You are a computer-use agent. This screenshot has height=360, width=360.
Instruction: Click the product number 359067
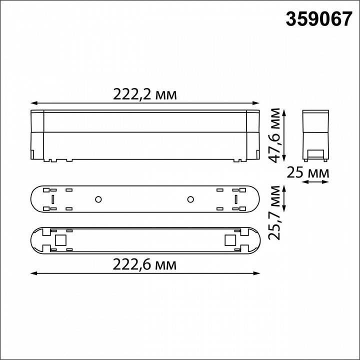point(318,19)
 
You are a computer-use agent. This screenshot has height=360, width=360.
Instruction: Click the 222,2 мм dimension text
point(144,94)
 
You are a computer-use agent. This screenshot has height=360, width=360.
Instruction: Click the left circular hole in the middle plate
point(98,199)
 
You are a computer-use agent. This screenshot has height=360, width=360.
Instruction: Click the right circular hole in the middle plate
point(190,199)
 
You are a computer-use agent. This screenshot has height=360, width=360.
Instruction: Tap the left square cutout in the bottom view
point(61,240)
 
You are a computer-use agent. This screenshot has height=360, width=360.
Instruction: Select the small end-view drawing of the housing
point(315,135)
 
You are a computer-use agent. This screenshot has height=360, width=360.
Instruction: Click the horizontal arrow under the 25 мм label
point(315,182)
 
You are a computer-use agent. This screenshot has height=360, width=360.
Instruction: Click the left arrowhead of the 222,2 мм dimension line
point(33,103)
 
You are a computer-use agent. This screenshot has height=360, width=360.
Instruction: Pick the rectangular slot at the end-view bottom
point(315,153)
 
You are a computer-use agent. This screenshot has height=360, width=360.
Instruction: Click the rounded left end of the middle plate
point(35,199)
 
